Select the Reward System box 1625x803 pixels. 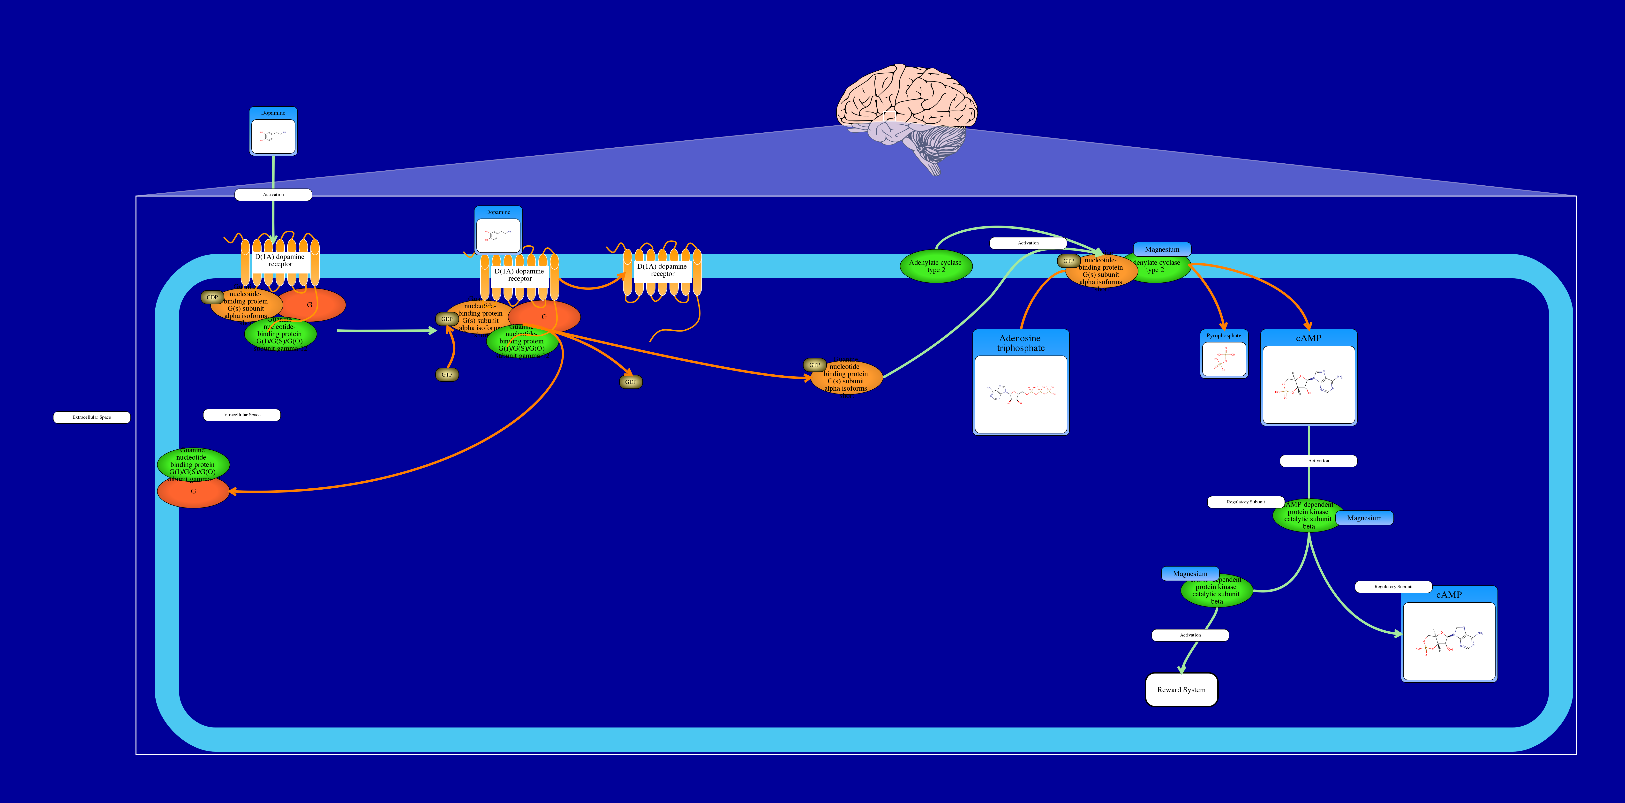pyautogui.click(x=1181, y=689)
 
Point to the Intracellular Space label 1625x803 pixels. pyautogui.click(x=242, y=414)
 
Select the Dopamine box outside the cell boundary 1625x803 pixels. pyautogui.click(x=273, y=131)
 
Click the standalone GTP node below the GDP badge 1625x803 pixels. pyautogui.click(x=447, y=375)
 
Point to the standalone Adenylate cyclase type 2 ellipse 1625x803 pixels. pyautogui.click(x=935, y=266)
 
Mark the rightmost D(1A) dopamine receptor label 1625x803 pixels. pyautogui.click(x=662, y=270)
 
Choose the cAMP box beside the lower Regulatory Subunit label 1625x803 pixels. pyautogui.click(x=1449, y=634)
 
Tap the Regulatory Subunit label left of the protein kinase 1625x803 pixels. pyautogui.click(x=1245, y=501)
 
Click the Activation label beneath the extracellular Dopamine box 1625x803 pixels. pyautogui.click(x=273, y=194)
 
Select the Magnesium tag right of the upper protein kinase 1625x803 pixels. pyautogui.click(x=1364, y=518)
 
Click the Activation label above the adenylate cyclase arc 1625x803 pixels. pyautogui.click(x=1028, y=243)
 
